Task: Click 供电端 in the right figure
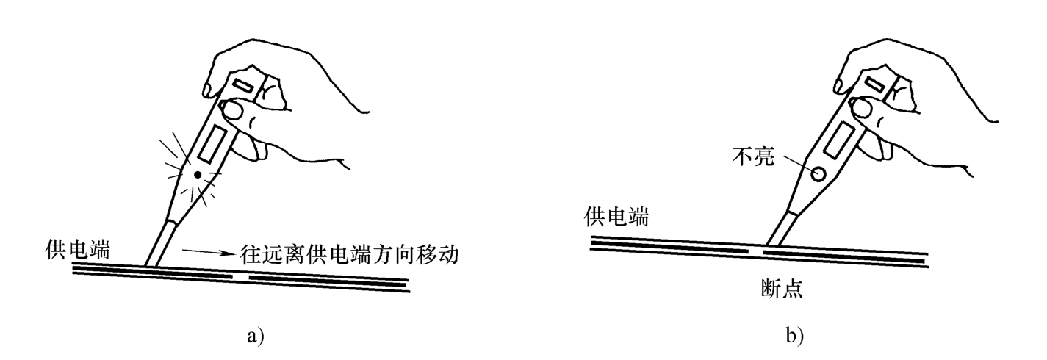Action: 618,217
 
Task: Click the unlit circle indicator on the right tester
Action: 817,173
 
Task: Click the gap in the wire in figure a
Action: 241,278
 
